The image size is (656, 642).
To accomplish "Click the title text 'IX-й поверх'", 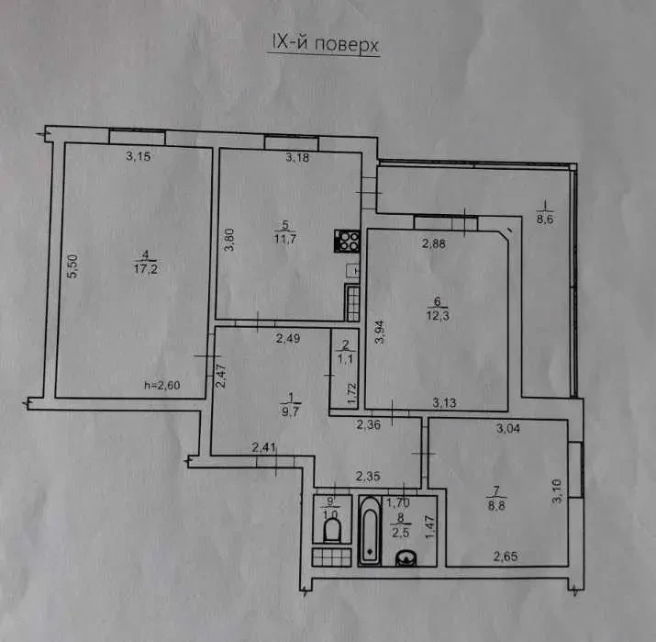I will [322, 45].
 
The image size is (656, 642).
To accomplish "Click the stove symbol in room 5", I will [349, 241].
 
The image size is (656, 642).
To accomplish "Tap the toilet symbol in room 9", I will [330, 530].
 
